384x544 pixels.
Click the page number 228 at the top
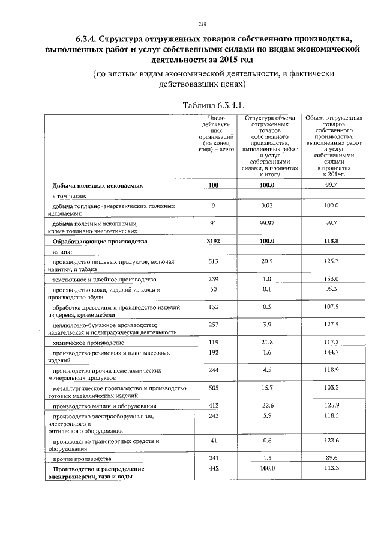coord(202,24)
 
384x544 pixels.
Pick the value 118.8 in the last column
coord(332,241)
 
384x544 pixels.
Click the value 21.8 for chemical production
coord(267,342)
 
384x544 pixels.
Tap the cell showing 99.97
coord(267,223)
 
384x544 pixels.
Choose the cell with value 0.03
coord(267,206)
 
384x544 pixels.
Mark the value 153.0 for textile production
coord(332,279)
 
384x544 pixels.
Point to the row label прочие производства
coord(83,459)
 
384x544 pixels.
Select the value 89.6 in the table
coord(332,459)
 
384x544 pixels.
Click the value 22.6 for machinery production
coord(267,406)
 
